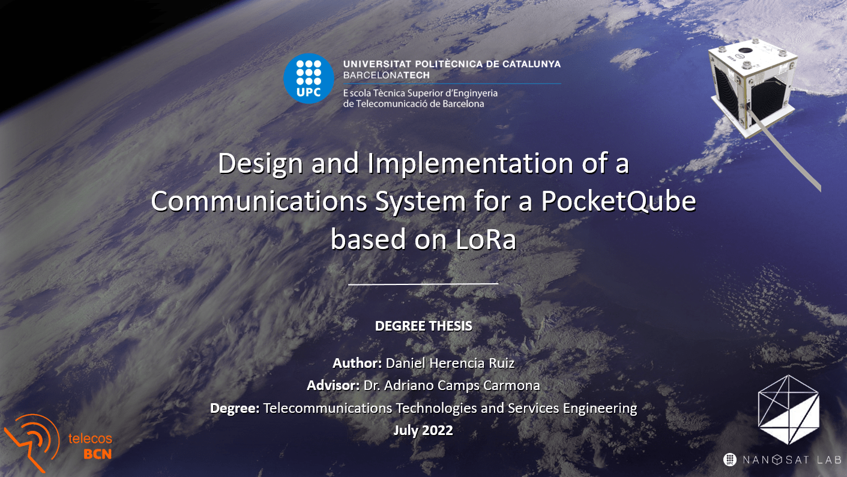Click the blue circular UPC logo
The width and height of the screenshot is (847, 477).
point(309,79)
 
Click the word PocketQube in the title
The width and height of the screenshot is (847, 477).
point(618,201)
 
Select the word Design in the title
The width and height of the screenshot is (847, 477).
point(260,164)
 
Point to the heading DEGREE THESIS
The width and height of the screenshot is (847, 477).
point(423,326)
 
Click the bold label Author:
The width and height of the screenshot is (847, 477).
point(357,363)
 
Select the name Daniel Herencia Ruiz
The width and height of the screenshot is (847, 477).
point(450,363)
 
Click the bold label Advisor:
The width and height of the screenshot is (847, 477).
point(333,385)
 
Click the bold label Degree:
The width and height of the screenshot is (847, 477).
point(235,408)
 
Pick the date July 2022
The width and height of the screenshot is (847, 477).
point(423,430)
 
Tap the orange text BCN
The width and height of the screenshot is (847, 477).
point(97,454)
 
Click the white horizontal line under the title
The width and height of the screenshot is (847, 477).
point(423,283)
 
